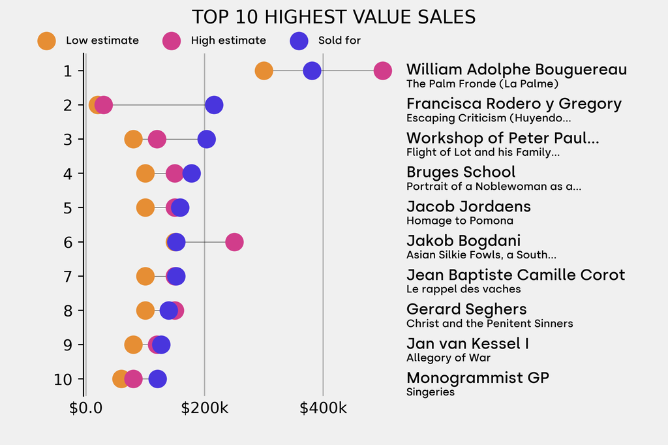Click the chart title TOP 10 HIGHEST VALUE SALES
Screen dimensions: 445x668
point(333,17)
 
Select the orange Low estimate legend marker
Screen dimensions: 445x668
point(46,40)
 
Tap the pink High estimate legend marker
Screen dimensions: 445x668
point(172,40)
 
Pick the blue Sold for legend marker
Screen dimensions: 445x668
point(298,40)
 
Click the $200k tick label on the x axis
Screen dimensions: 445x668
point(204,408)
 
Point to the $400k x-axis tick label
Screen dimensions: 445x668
point(323,408)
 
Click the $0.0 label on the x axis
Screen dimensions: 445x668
point(85,408)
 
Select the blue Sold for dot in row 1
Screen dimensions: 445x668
point(312,71)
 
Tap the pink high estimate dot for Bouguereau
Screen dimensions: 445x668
point(382,71)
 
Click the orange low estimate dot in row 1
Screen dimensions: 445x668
point(264,71)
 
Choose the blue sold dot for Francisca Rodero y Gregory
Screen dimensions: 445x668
point(213,105)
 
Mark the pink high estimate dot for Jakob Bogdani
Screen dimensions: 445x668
point(234,242)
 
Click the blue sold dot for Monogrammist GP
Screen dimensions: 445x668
point(157,379)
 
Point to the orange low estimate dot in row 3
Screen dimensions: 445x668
point(133,139)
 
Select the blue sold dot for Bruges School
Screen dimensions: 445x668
point(191,174)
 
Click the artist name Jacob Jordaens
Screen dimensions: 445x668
point(468,207)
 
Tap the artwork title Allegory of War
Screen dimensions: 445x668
point(448,358)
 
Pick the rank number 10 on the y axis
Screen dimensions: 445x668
point(63,379)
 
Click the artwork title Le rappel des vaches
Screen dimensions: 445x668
point(463,289)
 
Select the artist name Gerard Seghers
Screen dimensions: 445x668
point(466,309)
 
